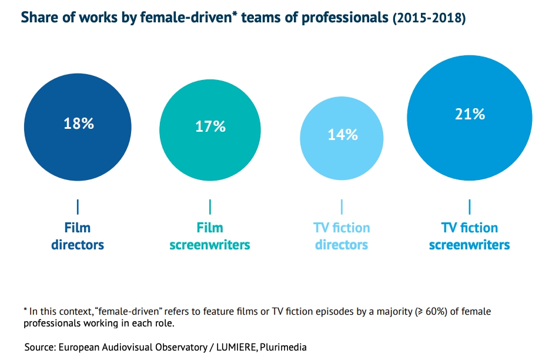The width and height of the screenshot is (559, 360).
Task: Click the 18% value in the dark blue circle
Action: click(78, 124)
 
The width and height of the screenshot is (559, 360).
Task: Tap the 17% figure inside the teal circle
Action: click(210, 126)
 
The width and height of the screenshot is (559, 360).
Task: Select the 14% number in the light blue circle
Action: click(342, 135)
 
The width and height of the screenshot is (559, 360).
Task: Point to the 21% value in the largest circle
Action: click(470, 115)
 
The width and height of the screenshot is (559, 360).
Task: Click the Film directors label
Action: click(78, 236)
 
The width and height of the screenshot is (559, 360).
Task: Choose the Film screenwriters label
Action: click(210, 236)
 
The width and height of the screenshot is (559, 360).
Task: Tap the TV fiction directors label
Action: click(342, 236)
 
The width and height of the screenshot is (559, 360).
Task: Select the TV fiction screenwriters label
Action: click(469, 236)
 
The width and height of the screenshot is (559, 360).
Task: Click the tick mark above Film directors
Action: click(78, 206)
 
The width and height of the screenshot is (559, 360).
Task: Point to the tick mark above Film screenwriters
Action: click(210, 206)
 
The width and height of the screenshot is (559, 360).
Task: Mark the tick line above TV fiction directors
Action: click(342, 206)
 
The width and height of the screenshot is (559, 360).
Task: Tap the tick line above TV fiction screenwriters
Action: click(470, 206)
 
